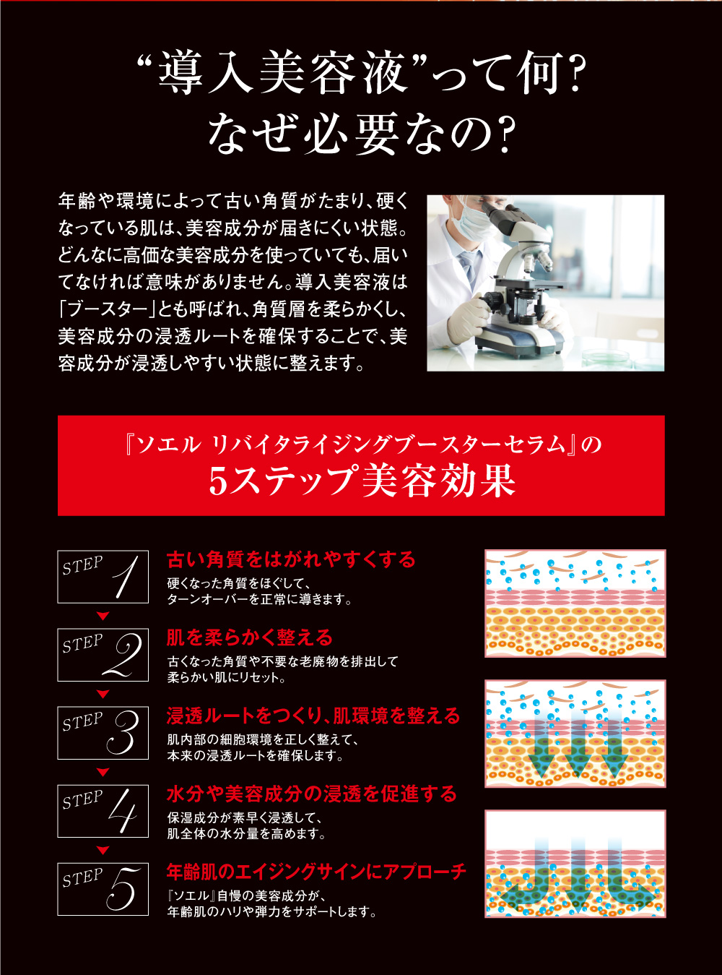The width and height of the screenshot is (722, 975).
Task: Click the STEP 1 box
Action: pyautogui.click(x=103, y=576)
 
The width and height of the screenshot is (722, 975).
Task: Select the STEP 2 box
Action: pyautogui.click(x=103, y=655)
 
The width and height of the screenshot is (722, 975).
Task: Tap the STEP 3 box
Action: pyautogui.click(x=103, y=733)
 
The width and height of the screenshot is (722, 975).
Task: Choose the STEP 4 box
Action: pyautogui.click(x=103, y=811)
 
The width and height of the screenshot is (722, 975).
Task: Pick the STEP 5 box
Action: pyautogui.click(x=103, y=889)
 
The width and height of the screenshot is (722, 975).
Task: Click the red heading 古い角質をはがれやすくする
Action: pyautogui.click(x=291, y=559)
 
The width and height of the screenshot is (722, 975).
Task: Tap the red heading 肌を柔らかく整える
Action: pyautogui.click(x=249, y=637)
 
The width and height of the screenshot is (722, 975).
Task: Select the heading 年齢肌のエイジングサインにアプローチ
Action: pyautogui.click(x=316, y=872)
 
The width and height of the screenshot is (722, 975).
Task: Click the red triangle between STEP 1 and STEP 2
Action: pyautogui.click(x=103, y=617)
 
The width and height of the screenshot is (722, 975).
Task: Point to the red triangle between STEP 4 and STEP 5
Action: pyautogui.click(x=103, y=851)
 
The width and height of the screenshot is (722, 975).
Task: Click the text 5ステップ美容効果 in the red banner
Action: pyautogui.click(x=362, y=481)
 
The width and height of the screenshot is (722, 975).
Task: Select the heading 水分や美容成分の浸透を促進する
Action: pyautogui.click(x=312, y=794)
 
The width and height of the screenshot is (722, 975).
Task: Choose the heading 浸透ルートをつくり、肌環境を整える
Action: pyautogui.click(x=313, y=716)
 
